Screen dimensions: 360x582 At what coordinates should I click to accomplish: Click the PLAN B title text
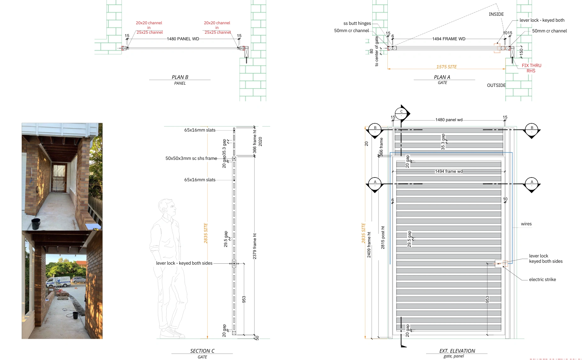(180, 77)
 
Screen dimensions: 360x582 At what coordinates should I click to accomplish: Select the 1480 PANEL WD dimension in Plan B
(183, 39)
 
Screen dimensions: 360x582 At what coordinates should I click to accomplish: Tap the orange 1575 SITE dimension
(446, 67)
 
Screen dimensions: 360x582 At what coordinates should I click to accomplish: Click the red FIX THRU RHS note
(531, 68)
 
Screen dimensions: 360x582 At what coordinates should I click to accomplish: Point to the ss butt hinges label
(357, 23)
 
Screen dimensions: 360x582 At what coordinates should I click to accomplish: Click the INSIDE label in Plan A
(496, 14)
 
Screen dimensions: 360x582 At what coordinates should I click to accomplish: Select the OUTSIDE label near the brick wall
(496, 85)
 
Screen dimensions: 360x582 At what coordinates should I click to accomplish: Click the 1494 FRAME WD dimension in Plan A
(448, 39)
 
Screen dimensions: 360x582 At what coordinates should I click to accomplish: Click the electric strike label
(542, 279)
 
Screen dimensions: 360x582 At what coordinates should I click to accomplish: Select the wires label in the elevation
(526, 224)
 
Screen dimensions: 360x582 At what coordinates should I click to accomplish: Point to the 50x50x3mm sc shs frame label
(191, 158)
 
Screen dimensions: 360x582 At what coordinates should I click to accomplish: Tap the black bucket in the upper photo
(36, 224)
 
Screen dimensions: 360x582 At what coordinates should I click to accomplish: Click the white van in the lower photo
(59, 282)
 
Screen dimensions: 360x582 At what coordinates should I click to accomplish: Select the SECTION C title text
(202, 351)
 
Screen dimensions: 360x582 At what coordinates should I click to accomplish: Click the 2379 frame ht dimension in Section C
(254, 246)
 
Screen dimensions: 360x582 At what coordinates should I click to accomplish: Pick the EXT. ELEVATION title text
(457, 351)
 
